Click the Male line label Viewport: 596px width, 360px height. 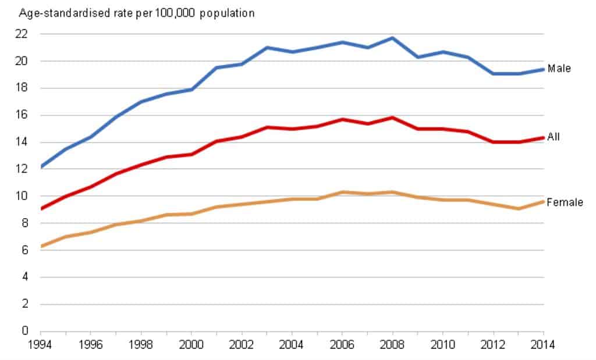559,69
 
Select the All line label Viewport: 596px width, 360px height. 553,137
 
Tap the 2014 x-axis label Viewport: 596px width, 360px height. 544,345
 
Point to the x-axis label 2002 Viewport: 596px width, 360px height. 241,345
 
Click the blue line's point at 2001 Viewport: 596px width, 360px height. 216,67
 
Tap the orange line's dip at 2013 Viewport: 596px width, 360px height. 519,208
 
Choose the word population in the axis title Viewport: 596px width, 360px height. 228,13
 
